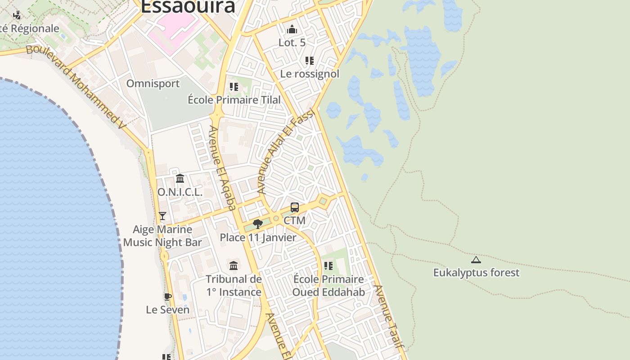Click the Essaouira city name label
[188, 6]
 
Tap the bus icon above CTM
[295, 207]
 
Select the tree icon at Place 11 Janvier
[258, 224]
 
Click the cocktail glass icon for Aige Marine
[162, 216]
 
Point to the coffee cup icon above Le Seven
[167, 297]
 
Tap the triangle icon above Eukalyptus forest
[476, 260]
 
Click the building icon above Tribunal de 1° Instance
[234, 266]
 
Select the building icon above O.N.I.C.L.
[180, 179]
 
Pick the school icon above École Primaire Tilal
[234, 86]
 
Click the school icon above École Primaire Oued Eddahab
[328, 266]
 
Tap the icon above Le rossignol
[309, 60]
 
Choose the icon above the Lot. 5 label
[292, 30]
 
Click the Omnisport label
[153, 84]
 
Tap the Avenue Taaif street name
[387, 317]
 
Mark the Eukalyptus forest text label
[476, 273]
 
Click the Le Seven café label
[167, 310]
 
